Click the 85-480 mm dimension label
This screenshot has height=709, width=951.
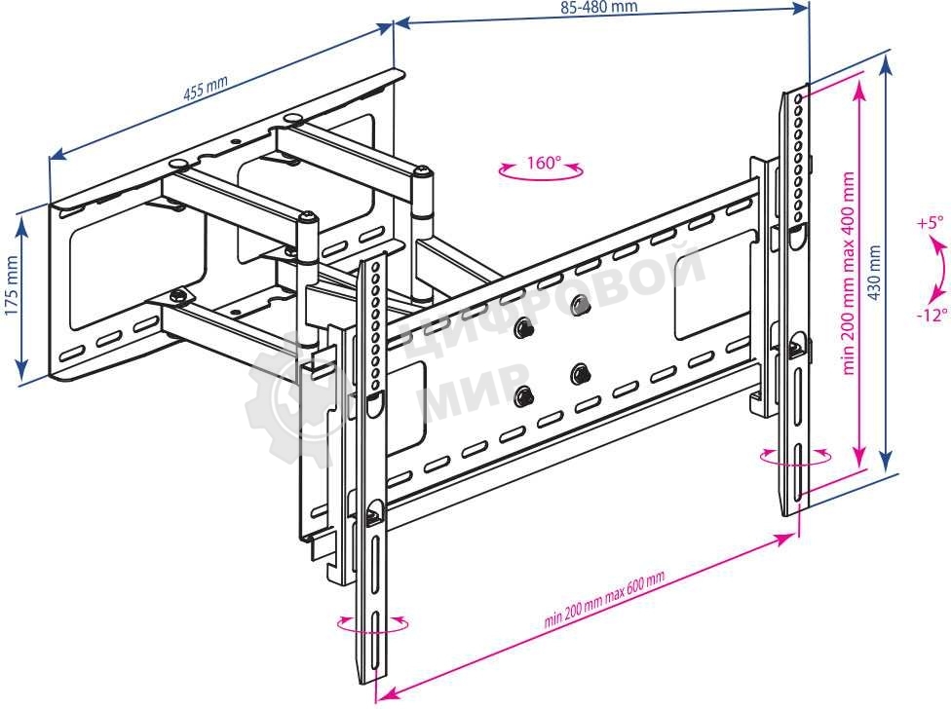(599, 6)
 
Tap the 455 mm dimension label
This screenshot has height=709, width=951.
(206, 89)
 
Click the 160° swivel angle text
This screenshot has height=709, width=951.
(543, 162)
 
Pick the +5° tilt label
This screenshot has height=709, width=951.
(931, 223)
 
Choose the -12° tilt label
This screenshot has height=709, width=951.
(931, 315)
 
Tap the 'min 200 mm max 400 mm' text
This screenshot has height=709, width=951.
(848, 274)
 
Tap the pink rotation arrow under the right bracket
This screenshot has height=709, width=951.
(797, 458)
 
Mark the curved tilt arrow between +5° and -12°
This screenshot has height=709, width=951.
(938, 269)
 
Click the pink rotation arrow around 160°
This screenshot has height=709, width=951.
(542, 173)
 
